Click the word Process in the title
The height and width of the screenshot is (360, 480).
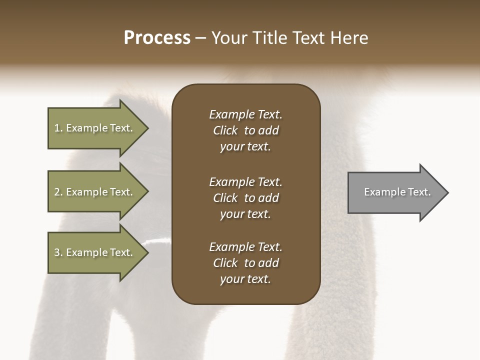coord(157,37)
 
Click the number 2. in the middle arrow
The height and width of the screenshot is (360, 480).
coord(58,192)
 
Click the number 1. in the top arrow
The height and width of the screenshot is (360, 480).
coord(58,128)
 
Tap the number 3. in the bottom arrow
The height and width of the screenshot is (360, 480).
coord(58,252)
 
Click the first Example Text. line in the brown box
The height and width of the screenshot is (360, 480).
coord(245,114)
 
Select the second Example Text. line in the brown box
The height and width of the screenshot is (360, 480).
coord(245,181)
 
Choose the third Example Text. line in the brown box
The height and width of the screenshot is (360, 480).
coord(245,246)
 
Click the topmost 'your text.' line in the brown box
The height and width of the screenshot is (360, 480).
coord(245,146)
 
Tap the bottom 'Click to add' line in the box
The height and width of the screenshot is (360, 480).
coord(245,263)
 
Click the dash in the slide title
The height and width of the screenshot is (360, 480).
coord(200,38)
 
